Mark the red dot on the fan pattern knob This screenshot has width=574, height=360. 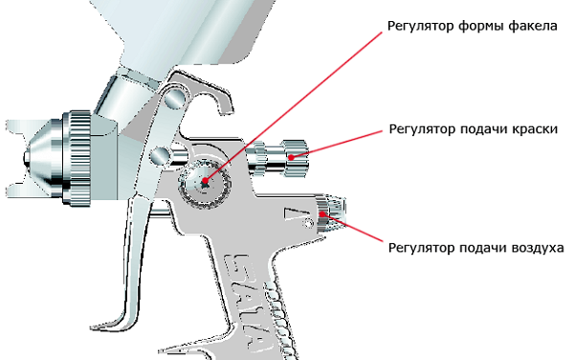205,181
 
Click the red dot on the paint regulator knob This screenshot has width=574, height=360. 292,157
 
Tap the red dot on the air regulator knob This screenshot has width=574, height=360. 322,214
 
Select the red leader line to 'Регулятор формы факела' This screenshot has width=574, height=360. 294,106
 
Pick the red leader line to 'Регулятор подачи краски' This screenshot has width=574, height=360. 337,145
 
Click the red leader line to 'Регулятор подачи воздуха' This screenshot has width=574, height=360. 352,228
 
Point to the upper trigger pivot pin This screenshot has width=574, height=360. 175,98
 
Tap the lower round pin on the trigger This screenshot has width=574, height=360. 161,156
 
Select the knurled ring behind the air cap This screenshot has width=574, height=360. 77,158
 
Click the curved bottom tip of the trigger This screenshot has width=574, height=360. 110,326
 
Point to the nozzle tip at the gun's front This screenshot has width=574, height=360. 27,157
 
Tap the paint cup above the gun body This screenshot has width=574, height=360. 183,32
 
